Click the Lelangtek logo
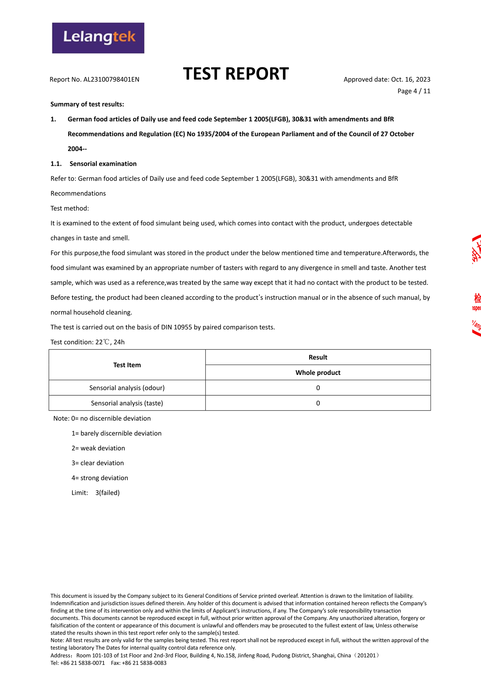(x=98, y=38)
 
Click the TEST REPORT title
(x=236, y=74)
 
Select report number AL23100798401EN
(x=111, y=80)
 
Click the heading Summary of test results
(x=87, y=104)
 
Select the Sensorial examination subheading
(x=103, y=164)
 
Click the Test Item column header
(x=127, y=365)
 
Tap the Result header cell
(x=318, y=357)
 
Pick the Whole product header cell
(x=318, y=373)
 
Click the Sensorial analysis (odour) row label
(x=127, y=388)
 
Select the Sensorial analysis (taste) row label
(x=127, y=403)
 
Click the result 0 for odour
(x=318, y=388)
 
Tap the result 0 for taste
(x=318, y=403)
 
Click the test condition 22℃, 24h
(x=110, y=342)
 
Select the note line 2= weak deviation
(x=98, y=448)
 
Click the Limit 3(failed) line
(x=96, y=493)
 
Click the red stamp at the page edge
(x=476, y=285)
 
